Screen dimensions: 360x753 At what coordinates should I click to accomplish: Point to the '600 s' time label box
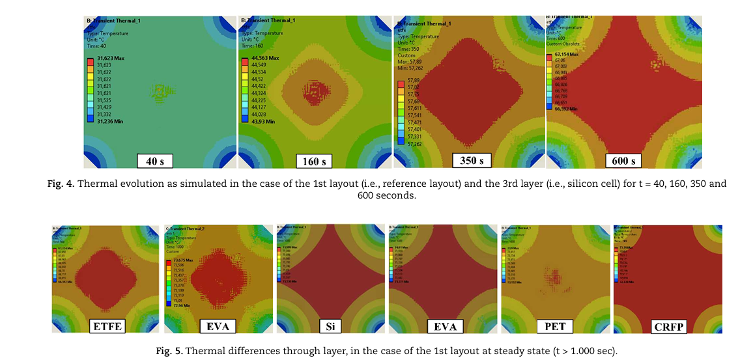[x=624, y=159]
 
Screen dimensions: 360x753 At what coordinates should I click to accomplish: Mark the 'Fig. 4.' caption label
[x=62, y=184]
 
